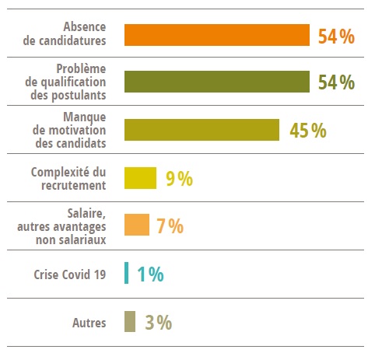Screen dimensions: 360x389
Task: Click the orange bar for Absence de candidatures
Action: (217, 36)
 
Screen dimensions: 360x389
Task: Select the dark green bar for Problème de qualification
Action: (217, 82)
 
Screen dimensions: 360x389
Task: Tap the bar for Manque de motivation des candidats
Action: (202, 130)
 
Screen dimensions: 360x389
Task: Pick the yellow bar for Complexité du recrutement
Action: (140, 178)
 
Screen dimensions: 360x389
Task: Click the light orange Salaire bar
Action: (136, 225)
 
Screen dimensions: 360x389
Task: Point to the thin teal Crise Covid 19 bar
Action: (127, 274)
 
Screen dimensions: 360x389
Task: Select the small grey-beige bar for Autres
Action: (130, 322)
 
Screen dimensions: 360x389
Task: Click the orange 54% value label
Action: (336, 37)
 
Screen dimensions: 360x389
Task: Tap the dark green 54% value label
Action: (336, 83)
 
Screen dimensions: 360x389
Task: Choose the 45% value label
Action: (307, 131)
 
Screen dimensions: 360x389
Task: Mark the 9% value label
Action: (179, 179)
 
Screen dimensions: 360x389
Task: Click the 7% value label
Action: (170, 226)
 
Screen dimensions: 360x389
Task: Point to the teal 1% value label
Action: (150, 274)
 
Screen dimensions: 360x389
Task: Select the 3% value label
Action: (158, 323)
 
